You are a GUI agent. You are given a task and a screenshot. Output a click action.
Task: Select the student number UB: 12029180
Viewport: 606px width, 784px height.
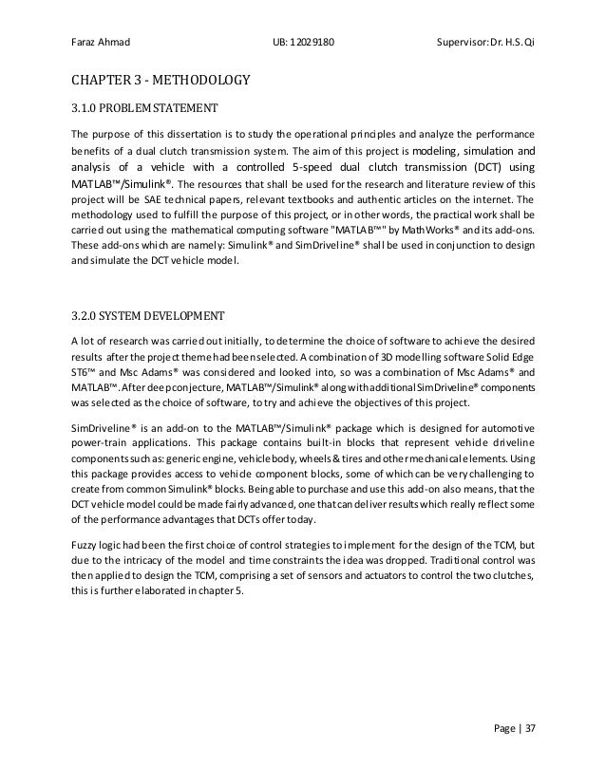tap(302, 43)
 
